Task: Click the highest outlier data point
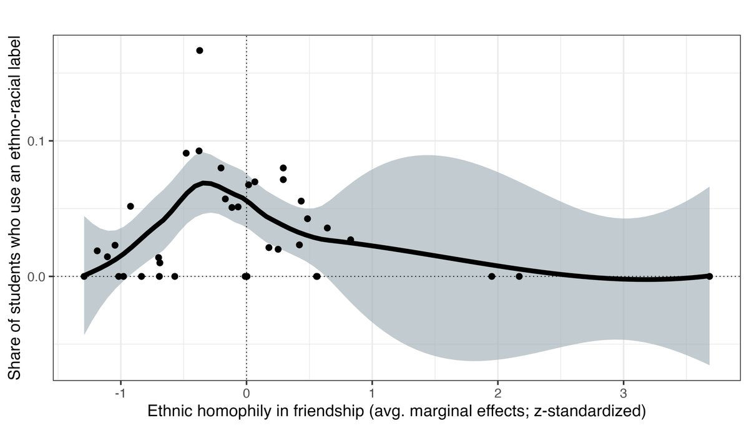[x=200, y=51]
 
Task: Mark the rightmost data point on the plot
[x=710, y=276]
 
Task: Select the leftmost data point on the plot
[x=85, y=276]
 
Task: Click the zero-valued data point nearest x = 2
[x=492, y=276]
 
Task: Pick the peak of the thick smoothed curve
[x=206, y=183]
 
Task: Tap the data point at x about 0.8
[x=350, y=240]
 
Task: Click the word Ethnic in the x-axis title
[x=169, y=412]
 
